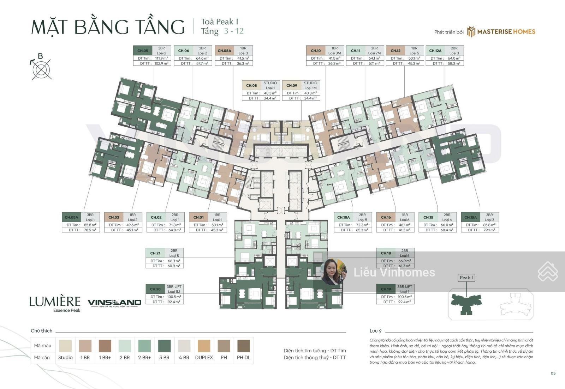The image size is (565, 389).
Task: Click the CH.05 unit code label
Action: coord(143,50)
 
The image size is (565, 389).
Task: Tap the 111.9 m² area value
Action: coord(161,58)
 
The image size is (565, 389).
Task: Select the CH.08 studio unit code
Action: coord(251,85)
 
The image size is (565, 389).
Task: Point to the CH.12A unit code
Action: coord(435,50)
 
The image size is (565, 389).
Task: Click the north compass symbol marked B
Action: coord(41,68)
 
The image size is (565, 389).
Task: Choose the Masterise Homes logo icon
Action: coord(471,32)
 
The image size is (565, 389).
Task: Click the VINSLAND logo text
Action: coord(114,303)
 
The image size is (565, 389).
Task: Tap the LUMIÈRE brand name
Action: coord(55,302)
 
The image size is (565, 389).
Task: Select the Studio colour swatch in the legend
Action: coord(65,346)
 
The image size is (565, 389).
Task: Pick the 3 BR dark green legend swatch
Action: coord(164,346)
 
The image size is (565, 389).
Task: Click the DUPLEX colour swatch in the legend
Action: coord(204,346)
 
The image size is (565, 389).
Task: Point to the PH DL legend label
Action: coord(243,357)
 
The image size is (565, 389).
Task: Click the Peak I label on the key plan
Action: coord(466,278)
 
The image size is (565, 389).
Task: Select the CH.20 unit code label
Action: coord(155,289)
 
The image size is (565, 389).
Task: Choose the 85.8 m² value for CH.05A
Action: coord(90,225)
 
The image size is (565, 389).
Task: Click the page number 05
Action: coord(553,373)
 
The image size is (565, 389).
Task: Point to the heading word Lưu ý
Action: coord(375,331)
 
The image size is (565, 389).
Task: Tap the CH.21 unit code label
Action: coord(155,253)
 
